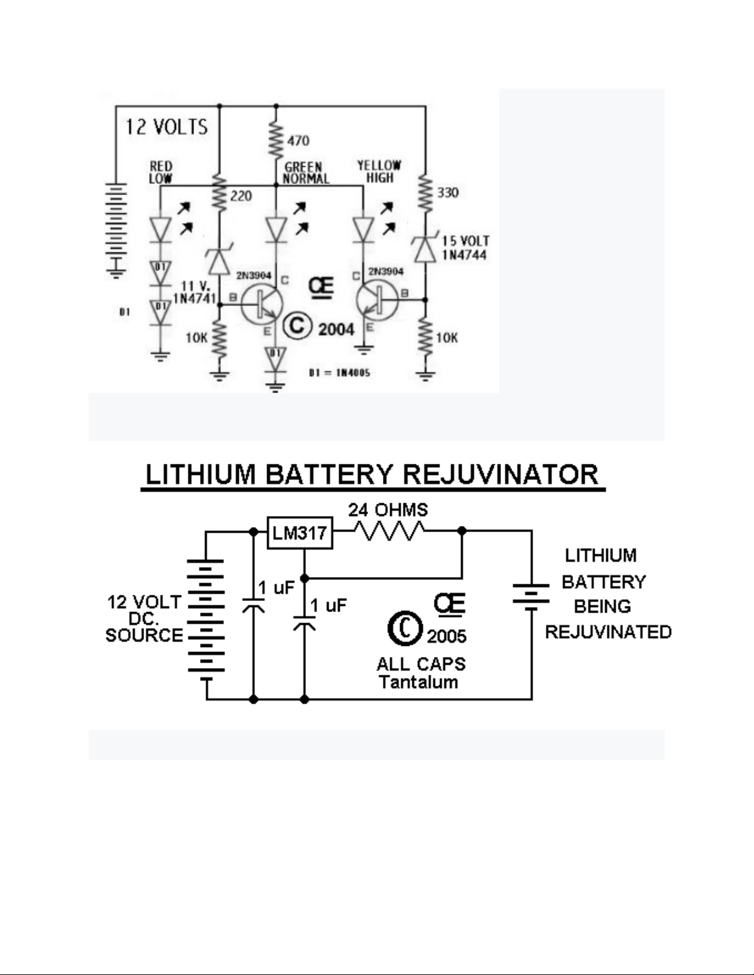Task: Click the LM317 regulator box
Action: (x=299, y=533)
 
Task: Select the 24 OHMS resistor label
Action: (x=388, y=510)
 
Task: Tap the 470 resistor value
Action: (x=299, y=141)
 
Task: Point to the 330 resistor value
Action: (x=448, y=193)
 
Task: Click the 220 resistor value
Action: (x=241, y=196)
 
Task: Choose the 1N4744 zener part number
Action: (x=465, y=254)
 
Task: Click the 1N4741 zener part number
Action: (x=195, y=299)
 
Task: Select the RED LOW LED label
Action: (x=161, y=172)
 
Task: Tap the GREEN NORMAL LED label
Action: (x=305, y=173)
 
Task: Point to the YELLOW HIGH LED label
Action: (x=379, y=171)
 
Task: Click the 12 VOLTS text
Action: (x=167, y=127)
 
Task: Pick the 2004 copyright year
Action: (x=336, y=329)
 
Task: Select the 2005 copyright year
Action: (x=447, y=635)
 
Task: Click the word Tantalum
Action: (x=419, y=682)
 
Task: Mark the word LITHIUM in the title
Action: (x=201, y=475)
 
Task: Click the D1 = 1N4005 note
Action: (x=340, y=373)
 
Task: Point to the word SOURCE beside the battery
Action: (x=144, y=635)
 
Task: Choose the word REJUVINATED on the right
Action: (x=608, y=632)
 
